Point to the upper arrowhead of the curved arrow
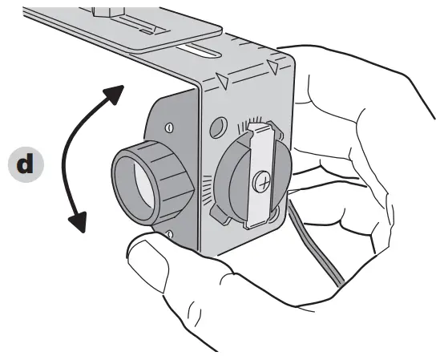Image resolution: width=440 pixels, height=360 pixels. pos(116,91)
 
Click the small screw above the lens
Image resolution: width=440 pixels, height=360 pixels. pos(169,127)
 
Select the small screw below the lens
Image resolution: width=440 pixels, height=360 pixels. pos(171,233)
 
